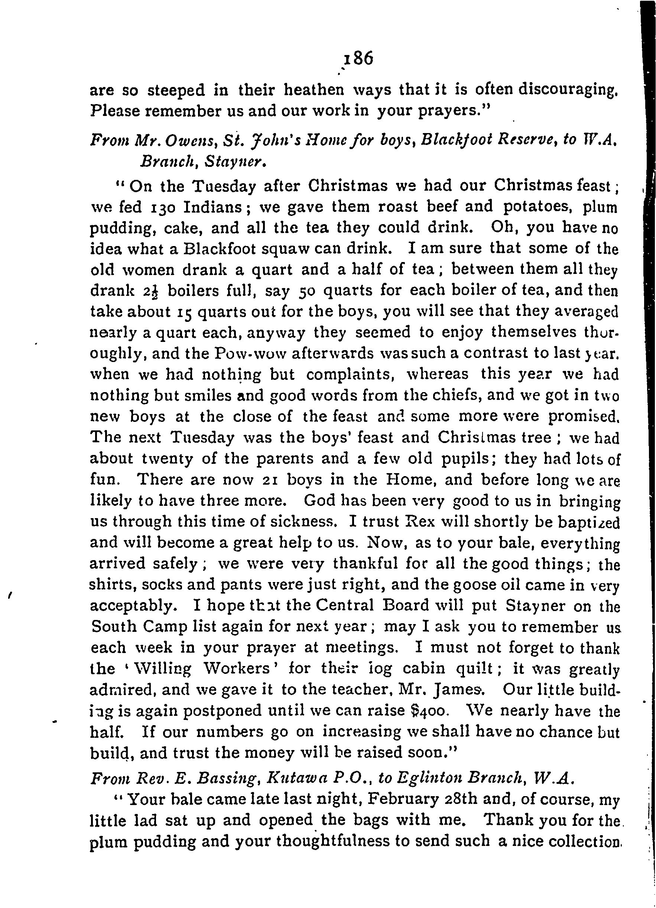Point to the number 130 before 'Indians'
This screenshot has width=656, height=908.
[162, 207]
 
